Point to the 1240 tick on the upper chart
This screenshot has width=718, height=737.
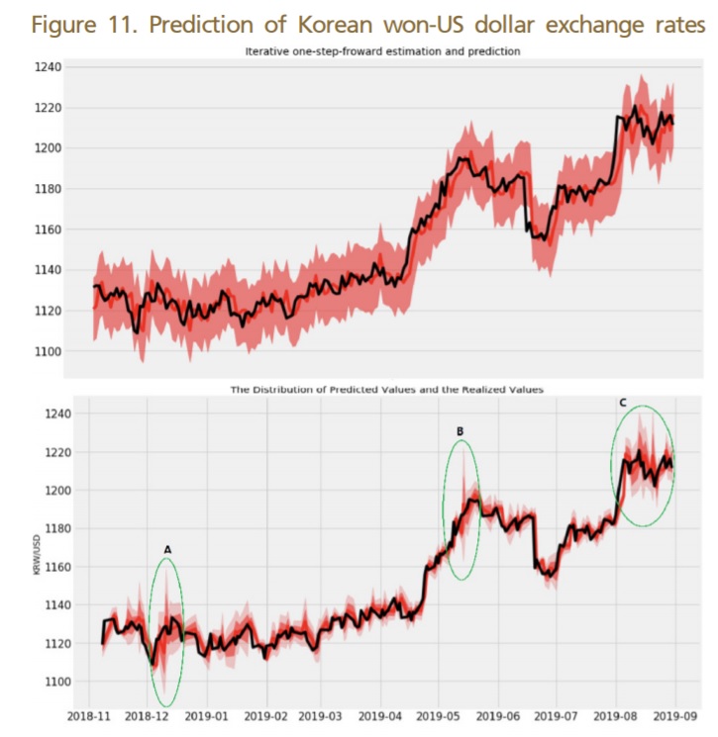pyautogui.click(x=48, y=67)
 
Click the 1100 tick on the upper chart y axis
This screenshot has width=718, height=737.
pyautogui.click(x=48, y=351)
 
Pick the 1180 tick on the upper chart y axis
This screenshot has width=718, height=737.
pyautogui.click(x=48, y=189)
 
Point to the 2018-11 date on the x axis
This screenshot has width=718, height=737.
pyautogui.click(x=89, y=714)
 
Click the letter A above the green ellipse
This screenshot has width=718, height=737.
pyautogui.click(x=167, y=549)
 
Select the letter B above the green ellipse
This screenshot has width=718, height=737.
pyautogui.click(x=460, y=431)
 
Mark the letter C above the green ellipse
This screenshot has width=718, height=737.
pyautogui.click(x=622, y=403)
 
